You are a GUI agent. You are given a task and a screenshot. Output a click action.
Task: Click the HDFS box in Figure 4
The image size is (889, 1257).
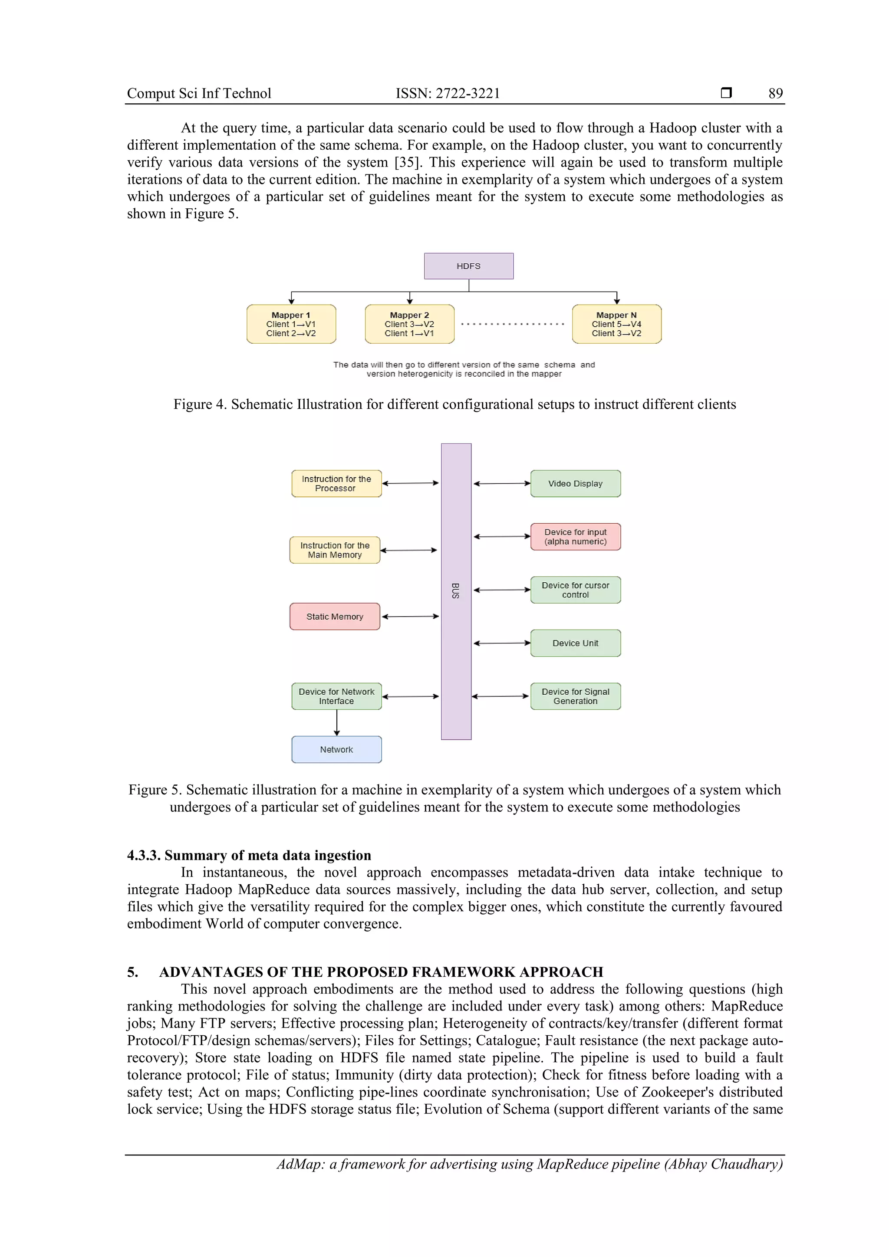[468, 266]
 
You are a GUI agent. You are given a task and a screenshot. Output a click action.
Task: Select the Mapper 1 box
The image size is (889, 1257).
[291, 324]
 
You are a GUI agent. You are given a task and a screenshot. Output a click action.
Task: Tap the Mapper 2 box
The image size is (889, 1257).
[409, 324]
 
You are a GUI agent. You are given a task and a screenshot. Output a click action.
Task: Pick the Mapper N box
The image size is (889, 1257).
[616, 324]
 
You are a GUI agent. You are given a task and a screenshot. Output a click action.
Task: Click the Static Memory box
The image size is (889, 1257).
[335, 617]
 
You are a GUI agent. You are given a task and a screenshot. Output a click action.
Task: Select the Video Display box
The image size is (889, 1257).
[575, 483]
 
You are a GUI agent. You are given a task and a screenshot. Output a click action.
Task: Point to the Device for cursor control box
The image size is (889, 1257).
[575, 590]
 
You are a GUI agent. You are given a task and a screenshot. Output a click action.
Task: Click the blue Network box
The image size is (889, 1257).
[336, 749]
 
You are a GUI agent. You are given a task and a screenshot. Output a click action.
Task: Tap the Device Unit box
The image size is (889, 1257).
[575, 643]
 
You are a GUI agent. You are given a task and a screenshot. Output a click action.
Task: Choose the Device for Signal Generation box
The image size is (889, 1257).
[575, 696]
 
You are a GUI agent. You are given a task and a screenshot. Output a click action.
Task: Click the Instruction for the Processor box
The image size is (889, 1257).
[336, 483]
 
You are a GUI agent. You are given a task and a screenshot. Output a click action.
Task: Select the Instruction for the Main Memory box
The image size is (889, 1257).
[335, 550]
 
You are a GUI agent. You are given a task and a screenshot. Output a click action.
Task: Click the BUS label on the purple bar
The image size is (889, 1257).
[456, 591]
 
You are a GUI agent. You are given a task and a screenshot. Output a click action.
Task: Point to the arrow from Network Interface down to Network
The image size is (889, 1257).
[337, 723]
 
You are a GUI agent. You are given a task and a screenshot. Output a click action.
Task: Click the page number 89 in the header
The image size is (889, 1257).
[775, 94]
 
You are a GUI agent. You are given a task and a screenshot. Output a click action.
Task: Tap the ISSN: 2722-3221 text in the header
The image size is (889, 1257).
[448, 94]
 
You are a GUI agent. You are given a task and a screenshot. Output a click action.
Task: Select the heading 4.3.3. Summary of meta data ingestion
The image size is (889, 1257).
[249, 855]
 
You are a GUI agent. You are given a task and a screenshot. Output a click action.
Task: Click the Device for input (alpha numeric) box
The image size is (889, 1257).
[575, 537]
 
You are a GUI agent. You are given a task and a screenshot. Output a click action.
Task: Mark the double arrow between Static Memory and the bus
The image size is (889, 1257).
[410, 617]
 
